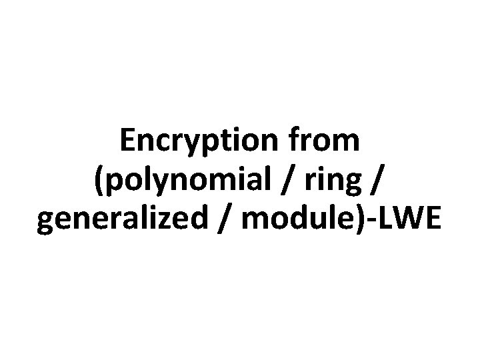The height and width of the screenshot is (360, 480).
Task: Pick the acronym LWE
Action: coord(412,221)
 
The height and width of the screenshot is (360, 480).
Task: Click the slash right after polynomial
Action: coord(285,181)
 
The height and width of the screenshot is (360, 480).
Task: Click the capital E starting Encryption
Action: coord(128,141)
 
